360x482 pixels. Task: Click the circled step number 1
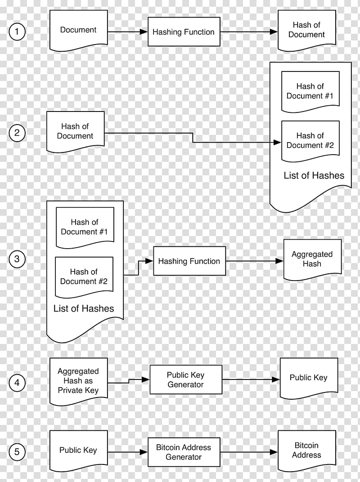coord(17,32)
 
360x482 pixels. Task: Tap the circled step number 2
coord(17,133)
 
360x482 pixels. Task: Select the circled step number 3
coord(17,259)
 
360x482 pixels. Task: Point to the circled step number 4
coord(17,383)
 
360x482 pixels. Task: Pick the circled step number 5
coord(17,452)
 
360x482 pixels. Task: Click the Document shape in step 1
coord(78,30)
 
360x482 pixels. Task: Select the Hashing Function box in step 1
coord(184,32)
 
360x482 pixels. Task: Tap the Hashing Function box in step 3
coord(189,261)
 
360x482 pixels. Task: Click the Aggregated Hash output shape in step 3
coord(312,259)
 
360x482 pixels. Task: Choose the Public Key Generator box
coord(185,380)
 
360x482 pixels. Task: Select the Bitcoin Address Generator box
coord(184,452)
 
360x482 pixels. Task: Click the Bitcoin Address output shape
coord(306,450)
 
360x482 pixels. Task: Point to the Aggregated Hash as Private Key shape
coord(78,381)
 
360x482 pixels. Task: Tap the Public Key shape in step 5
coord(78,450)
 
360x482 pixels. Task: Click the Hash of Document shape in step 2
coord(75,131)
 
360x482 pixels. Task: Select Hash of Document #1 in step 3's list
coord(85,227)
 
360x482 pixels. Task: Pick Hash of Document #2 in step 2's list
coord(310,140)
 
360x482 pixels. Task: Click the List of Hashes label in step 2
coord(314,176)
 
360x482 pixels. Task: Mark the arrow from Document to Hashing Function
coord(128,32)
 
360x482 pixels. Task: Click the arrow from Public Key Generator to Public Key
coord(251,380)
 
